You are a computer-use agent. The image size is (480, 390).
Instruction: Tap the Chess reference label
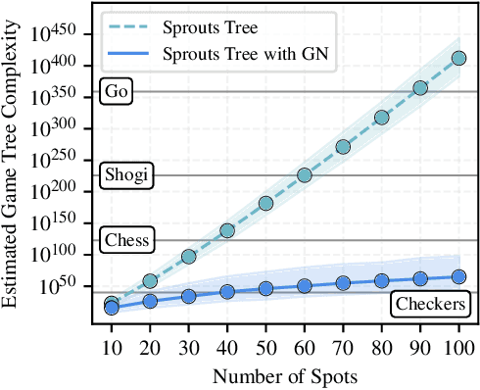[x=125, y=240]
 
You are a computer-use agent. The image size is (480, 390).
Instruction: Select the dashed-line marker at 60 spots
[x=304, y=175]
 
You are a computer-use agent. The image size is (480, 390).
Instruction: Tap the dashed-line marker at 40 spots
[x=226, y=231]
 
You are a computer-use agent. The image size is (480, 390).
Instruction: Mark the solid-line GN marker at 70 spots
[x=343, y=283]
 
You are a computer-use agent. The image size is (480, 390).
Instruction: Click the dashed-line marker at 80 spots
[x=381, y=118]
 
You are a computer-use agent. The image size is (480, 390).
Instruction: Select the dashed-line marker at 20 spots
[x=150, y=281]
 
